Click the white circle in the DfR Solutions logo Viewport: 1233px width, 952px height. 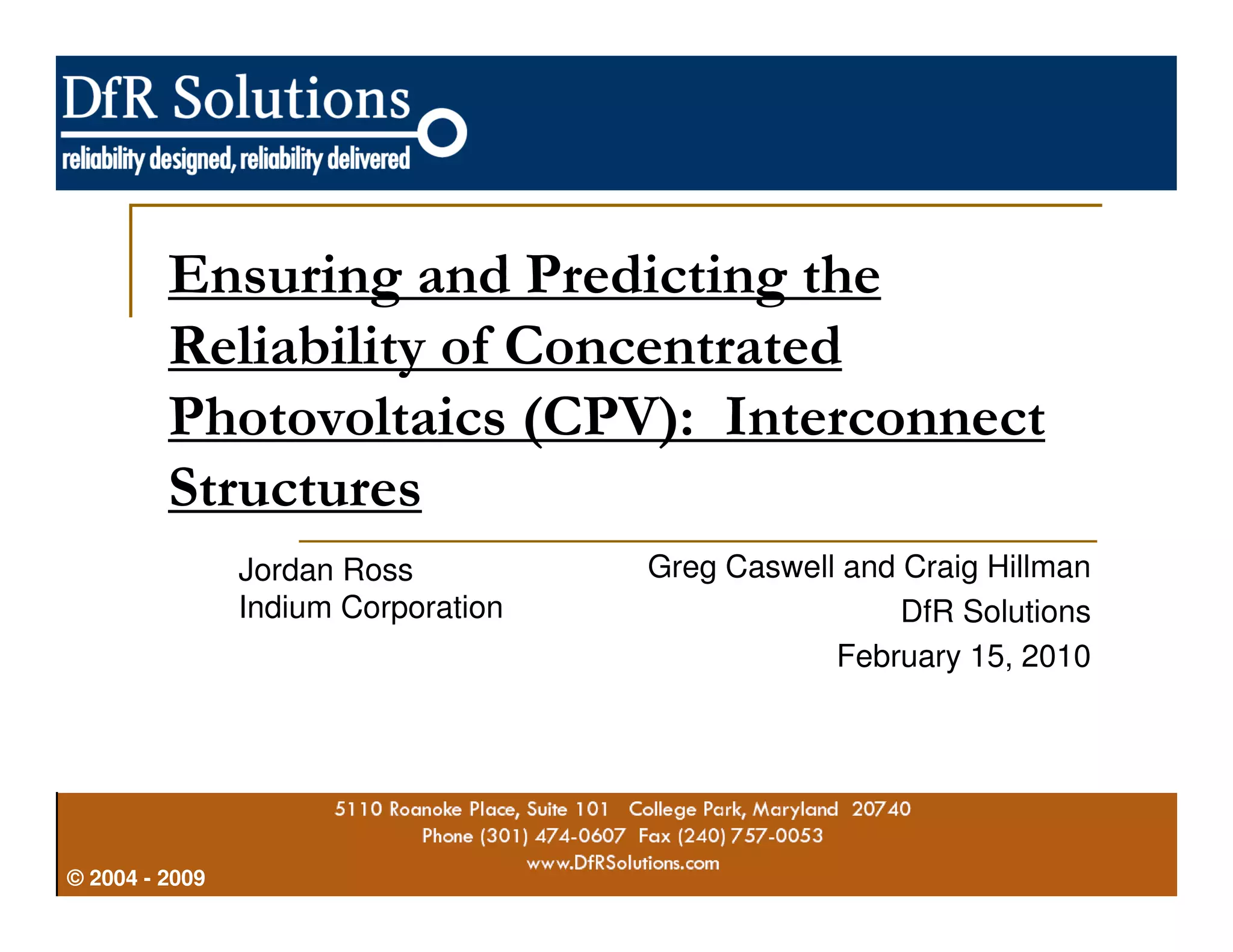click(443, 132)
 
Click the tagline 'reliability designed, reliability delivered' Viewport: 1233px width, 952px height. click(235, 159)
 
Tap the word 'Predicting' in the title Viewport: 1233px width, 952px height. click(656, 276)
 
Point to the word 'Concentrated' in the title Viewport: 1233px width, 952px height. click(672, 347)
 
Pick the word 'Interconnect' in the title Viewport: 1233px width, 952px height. click(884, 419)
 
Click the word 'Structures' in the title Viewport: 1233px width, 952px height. click(294, 489)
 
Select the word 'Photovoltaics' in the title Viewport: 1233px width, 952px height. click(337, 419)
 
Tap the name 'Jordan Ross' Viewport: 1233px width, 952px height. click(325, 570)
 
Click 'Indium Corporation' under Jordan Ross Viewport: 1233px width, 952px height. click(370, 607)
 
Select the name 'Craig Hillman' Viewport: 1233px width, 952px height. click(997, 567)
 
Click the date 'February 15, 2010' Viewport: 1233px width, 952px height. click(963, 656)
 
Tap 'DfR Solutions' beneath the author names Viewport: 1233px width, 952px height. click(995, 611)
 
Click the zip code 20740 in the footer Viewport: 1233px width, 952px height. click(881, 809)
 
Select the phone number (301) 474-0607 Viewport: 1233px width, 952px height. click(553, 836)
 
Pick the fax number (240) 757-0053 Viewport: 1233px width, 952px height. click(750, 836)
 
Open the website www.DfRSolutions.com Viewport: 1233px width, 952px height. click(623, 864)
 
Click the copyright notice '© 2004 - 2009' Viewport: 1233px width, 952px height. click(136, 878)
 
